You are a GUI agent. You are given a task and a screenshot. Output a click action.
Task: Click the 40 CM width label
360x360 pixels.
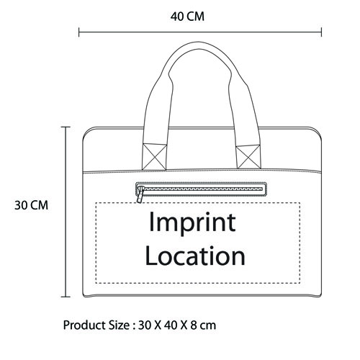click(187, 17)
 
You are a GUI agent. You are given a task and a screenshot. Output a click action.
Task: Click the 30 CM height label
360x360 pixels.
click(32, 205)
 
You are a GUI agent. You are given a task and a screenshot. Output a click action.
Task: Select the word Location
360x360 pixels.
click(195, 256)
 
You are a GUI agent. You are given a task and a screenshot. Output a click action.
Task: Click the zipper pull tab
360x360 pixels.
click(140, 194)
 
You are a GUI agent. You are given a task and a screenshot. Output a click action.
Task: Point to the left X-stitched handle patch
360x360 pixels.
click(154, 157)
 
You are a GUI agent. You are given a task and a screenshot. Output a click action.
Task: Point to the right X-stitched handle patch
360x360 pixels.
click(248, 157)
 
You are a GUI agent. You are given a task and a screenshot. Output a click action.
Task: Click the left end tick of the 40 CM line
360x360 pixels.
click(79, 32)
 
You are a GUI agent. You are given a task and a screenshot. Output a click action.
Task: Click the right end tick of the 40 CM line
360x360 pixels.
click(321, 32)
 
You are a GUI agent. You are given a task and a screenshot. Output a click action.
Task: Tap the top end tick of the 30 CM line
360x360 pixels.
click(66, 127)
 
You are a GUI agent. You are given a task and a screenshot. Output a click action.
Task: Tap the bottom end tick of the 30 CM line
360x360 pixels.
click(66, 297)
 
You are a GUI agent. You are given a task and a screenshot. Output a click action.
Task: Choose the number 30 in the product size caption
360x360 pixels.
click(145, 325)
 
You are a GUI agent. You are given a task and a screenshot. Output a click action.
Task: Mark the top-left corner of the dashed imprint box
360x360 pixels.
click(96, 203)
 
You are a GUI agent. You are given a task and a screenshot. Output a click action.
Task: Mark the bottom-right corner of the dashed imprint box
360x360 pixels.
click(300, 283)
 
